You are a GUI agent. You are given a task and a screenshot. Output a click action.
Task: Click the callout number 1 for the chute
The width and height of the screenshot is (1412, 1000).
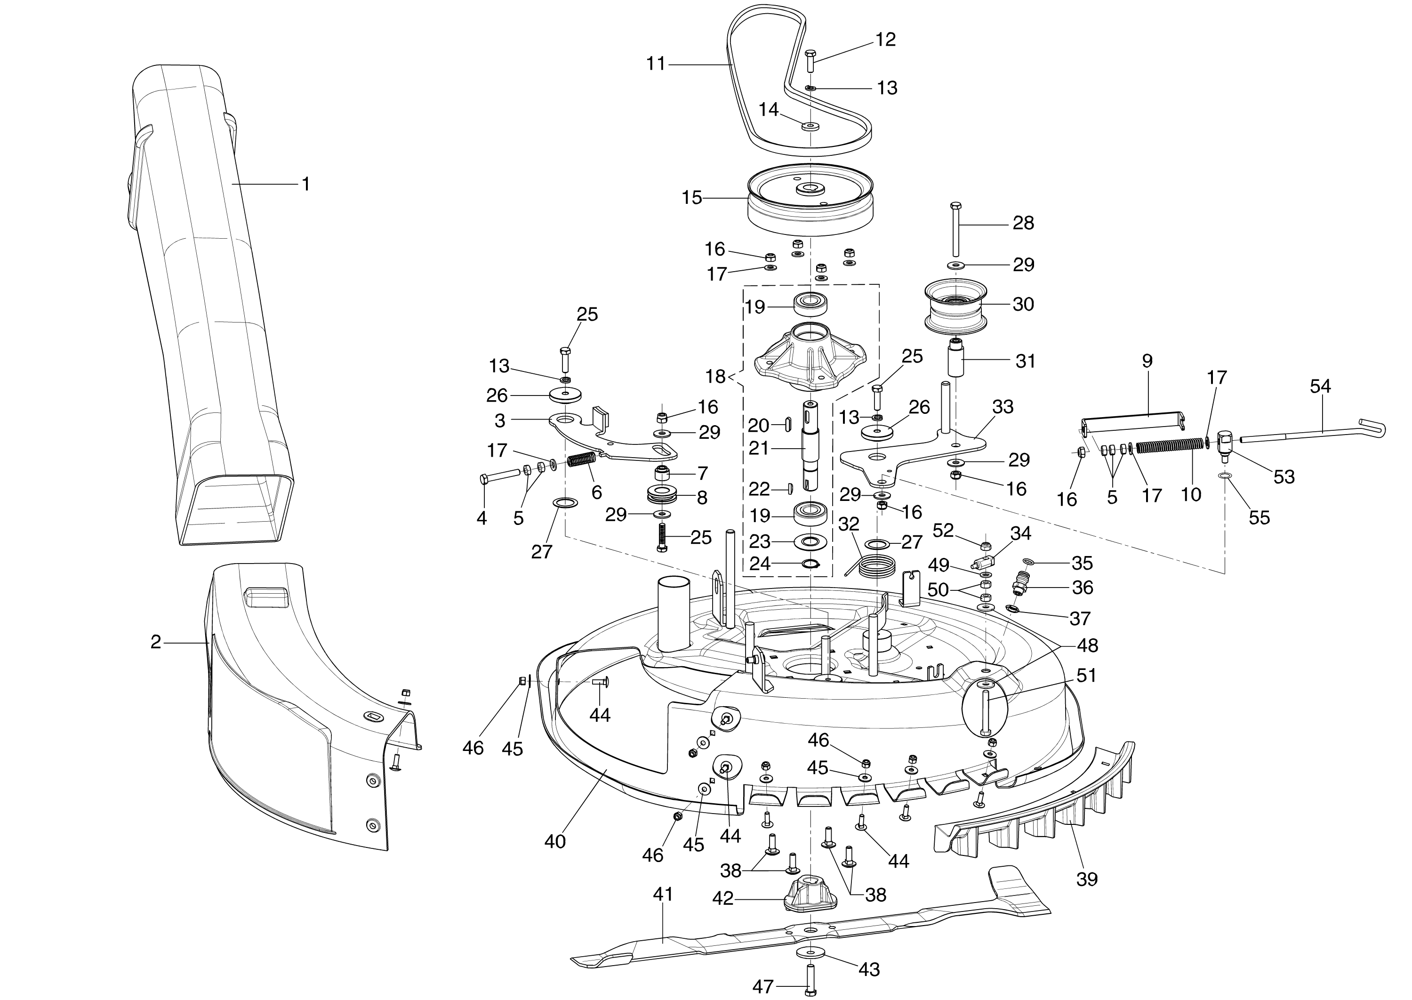[x=305, y=184]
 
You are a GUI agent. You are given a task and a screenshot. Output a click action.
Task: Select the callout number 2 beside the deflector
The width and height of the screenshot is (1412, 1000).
[x=156, y=642]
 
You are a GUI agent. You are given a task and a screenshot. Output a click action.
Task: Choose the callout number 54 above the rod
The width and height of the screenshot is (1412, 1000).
[x=1320, y=387]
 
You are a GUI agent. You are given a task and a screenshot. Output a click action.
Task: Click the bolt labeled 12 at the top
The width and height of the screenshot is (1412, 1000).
[x=810, y=62]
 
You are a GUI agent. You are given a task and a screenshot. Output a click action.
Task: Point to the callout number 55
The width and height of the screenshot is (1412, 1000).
[x=1260, y=517]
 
